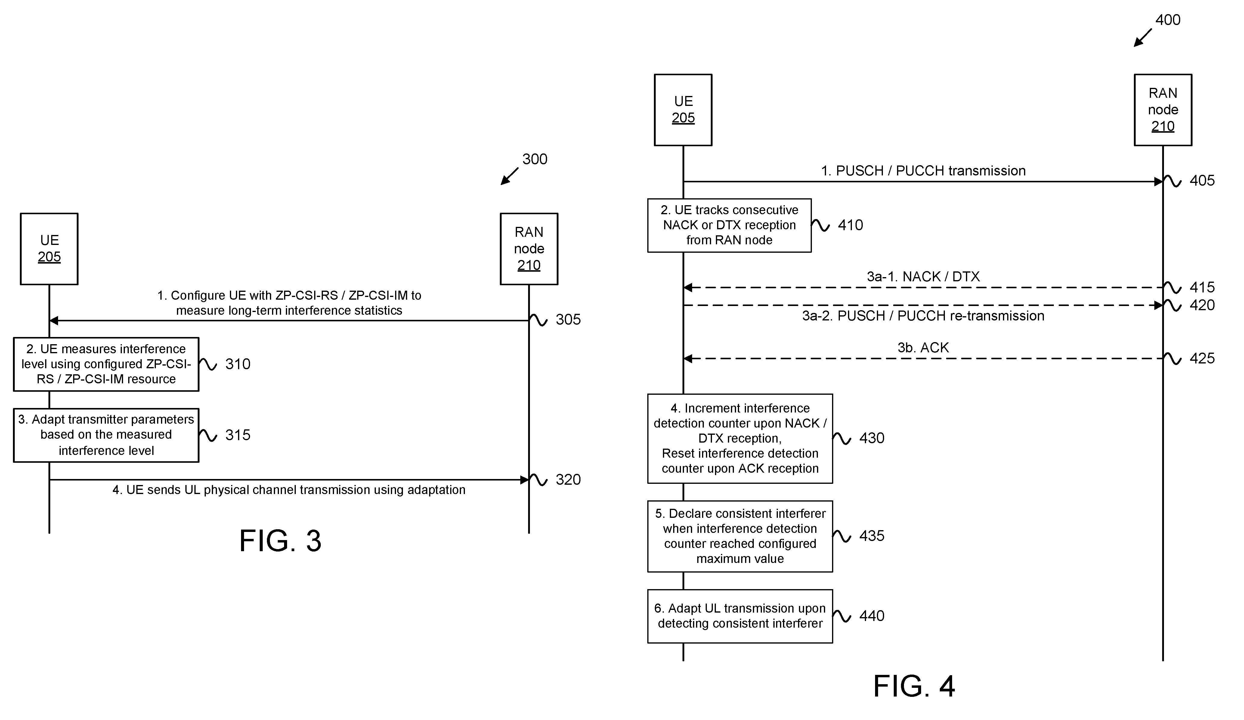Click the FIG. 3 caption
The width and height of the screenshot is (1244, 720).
[x=280, y=541]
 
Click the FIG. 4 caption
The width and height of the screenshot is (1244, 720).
[x=914, y=686]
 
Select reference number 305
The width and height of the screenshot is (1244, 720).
[x=568, y=320]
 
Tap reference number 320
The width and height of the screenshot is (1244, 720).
[x=568, y=480]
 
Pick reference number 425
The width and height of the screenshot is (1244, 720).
[x=1202, y=358]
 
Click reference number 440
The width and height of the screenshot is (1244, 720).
[x=872, y=616]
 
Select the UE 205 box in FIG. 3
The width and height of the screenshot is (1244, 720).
[x=49, y=249]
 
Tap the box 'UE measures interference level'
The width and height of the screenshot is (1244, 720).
[x=106, y=364]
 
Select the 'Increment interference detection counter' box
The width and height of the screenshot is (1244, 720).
[x=740, y=438]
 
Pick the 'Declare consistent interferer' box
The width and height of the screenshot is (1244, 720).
[x=740, y=536]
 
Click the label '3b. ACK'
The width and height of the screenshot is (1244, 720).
[x=923, y=348]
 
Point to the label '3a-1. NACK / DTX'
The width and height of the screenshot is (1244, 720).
[x=923, y=277]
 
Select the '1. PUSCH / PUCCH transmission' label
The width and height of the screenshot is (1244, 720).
[x=923, y=171]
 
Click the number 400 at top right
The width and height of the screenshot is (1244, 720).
[x=1168, y=20]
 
